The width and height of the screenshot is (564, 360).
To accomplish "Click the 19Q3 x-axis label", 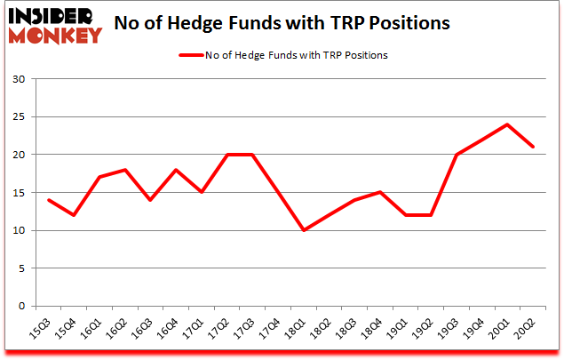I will tap(456, 332).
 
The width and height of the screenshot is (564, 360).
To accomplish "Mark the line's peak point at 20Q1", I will tap(507, 124).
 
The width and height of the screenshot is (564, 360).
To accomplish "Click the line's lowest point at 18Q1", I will tap(305, 230).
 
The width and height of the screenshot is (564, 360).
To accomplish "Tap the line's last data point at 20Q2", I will tap(533, 147).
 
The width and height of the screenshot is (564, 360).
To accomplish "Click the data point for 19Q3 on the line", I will tap(457, 155).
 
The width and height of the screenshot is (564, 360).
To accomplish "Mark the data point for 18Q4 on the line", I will tap(380, 192).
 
